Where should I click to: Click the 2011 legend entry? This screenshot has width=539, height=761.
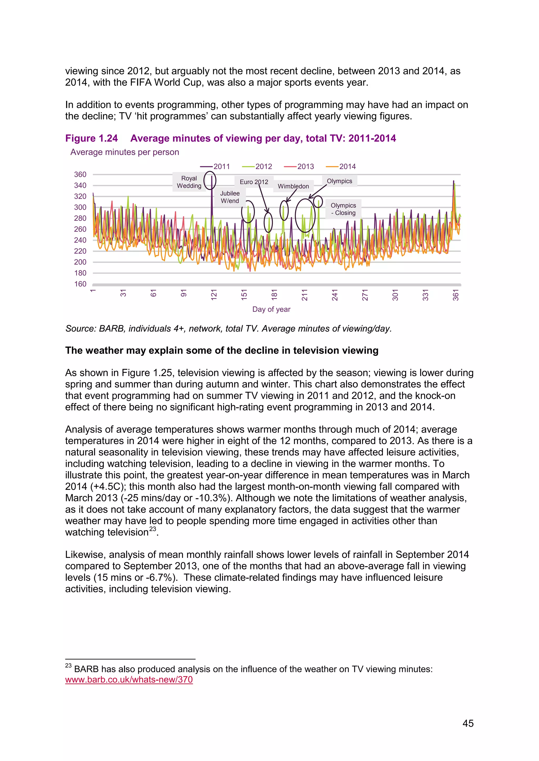[x=215, y=166]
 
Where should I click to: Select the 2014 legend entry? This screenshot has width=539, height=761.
[x=341, y=166]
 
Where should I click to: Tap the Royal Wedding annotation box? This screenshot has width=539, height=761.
[x=189, y=182]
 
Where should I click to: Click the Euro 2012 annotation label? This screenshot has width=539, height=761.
[x=254, y=182]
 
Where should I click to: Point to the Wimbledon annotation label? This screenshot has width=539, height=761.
[x=293, y=186]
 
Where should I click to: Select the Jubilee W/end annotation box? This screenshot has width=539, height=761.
[x=230, y=197]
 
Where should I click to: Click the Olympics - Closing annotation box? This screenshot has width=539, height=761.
[x=343, y=209]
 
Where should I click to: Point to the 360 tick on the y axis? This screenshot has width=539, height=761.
[x=80, y=174]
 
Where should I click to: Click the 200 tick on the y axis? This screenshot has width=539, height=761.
[x=80, y=262]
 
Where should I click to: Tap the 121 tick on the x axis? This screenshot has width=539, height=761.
[x=214, y=294]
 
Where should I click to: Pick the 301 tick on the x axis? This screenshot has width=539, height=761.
[x=395, y=294]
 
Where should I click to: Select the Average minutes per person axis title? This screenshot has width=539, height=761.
[x=124, y=152]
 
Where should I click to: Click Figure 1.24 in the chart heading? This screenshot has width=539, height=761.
[x=91, y=138]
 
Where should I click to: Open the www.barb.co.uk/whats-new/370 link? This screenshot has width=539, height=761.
[x=129, y=680]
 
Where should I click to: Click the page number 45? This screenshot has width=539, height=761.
[x=468, y=723]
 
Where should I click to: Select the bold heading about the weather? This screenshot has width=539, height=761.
[x=221, y=350]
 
